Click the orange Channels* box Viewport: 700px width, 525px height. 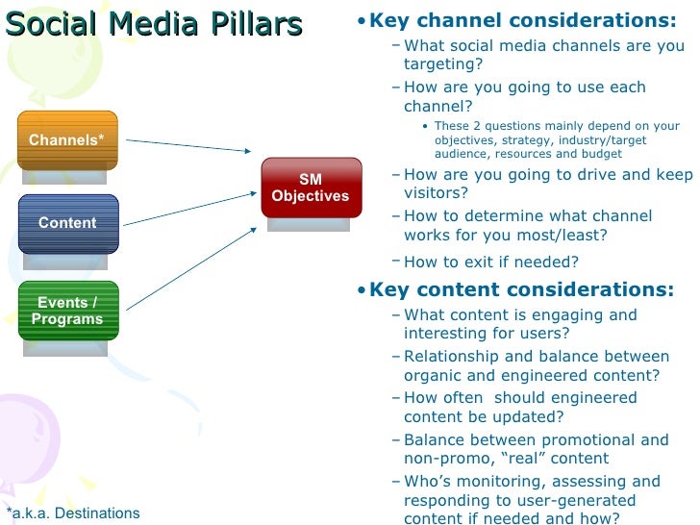[67, 140]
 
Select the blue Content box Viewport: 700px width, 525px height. [67, 223]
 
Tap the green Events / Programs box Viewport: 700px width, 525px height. [67, 311]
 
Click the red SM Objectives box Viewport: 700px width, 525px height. [311, 188]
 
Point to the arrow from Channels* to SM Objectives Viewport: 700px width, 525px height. [187, 145]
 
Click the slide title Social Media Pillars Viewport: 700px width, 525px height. [154, 24]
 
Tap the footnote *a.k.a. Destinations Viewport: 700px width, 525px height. [73, 513]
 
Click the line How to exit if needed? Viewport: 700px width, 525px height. [491, 262]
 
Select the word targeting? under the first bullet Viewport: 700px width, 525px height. [443, 64]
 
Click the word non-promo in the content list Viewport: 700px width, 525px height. [444, 459]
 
